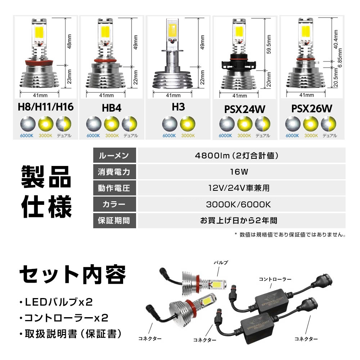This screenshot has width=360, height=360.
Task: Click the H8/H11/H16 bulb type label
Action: click(46, 107)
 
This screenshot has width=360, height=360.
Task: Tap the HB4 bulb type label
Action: click(112, 108)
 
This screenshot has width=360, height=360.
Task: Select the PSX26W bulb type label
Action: click(312, 109)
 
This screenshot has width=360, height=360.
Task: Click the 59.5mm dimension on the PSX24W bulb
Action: click(269, 44)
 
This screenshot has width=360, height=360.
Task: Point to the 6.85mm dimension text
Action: click(340, 58)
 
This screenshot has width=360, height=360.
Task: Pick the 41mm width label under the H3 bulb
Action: click(174, 95)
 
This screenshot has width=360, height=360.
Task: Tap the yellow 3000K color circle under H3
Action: click(188, 124)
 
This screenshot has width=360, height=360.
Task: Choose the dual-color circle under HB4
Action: click(130, 124)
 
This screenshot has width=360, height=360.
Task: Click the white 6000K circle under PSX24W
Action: click(227, 124)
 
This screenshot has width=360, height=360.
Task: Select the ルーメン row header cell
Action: click(114, 156)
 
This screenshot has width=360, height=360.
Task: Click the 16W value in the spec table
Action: click(239, 172)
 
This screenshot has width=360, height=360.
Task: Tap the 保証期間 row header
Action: click(114, 221)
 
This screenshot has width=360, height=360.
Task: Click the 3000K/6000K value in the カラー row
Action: click(239, 204)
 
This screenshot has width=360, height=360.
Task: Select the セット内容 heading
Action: click(73, 275)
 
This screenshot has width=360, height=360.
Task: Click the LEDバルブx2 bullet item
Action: click(56, 302)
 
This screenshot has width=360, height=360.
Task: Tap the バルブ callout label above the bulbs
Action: click(221, 262)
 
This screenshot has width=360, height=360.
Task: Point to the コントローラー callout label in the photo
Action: click(275, 279)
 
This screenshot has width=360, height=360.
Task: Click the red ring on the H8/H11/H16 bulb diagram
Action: click(39, 62)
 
